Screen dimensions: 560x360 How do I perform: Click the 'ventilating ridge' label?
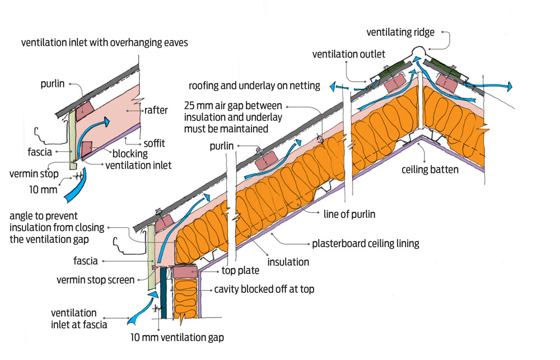click(x=400, y=32)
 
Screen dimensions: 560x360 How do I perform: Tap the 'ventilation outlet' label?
click(x=348, y=54)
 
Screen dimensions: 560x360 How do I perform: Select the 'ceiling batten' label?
click(x=430, y=169)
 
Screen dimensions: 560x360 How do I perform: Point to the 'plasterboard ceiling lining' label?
click(x=365, y=244)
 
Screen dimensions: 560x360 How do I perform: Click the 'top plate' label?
click(x=240, y=270)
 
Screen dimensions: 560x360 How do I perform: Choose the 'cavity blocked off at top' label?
click(x=264, y=289)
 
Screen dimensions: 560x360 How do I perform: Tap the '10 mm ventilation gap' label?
click(x=177, y=338)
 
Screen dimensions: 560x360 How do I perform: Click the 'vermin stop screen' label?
click(x=95, y=280)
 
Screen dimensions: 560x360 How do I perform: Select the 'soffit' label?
click(x=155, y=143)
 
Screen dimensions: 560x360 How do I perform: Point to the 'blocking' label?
click(x=130, y=153)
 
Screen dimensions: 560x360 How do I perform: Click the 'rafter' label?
click(x=156, y=110)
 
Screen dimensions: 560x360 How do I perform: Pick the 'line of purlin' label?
click(x=349, y=214)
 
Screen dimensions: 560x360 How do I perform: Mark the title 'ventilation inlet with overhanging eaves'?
click(x=104, y=43)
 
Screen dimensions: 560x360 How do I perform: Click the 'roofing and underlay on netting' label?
click(x=254, y=86)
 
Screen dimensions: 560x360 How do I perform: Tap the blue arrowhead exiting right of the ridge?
click(x=509, y=86)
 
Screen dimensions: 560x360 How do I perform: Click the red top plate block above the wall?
click(x=185, y=272)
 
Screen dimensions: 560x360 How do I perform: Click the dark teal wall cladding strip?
click(x=163, y=293)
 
